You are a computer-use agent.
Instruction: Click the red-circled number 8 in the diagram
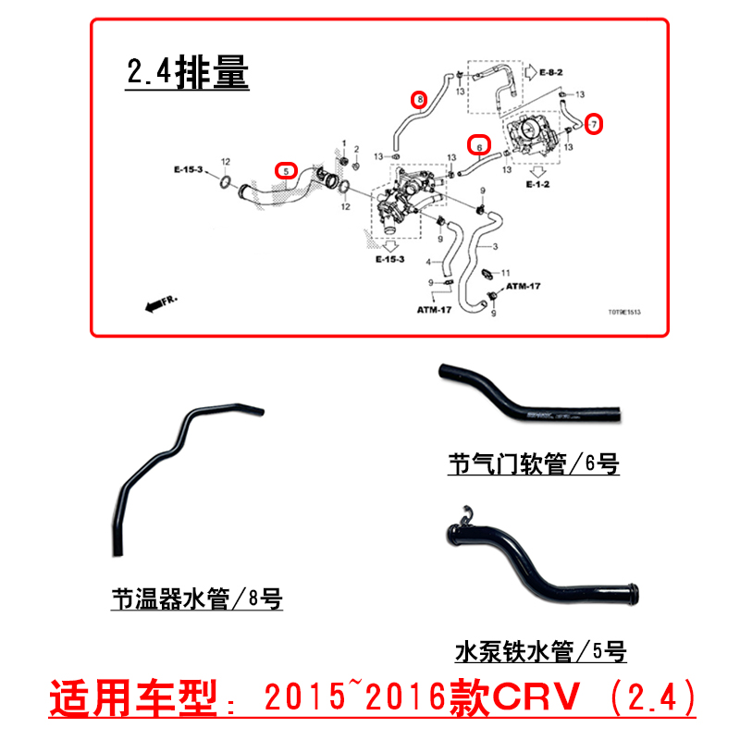coord(419,98)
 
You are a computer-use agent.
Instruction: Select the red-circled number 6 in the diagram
coord(478,145)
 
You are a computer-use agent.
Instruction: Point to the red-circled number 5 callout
coord(287,170)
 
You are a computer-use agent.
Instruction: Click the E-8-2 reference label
coord(551,70)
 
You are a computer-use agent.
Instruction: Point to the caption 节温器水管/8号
coord(196,599)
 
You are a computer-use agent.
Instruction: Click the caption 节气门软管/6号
coord(533,464)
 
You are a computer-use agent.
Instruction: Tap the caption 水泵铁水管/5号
coord(541,652)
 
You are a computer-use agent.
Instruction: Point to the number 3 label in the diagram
coord(495,247)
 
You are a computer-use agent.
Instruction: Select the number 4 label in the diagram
coord(426,263)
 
